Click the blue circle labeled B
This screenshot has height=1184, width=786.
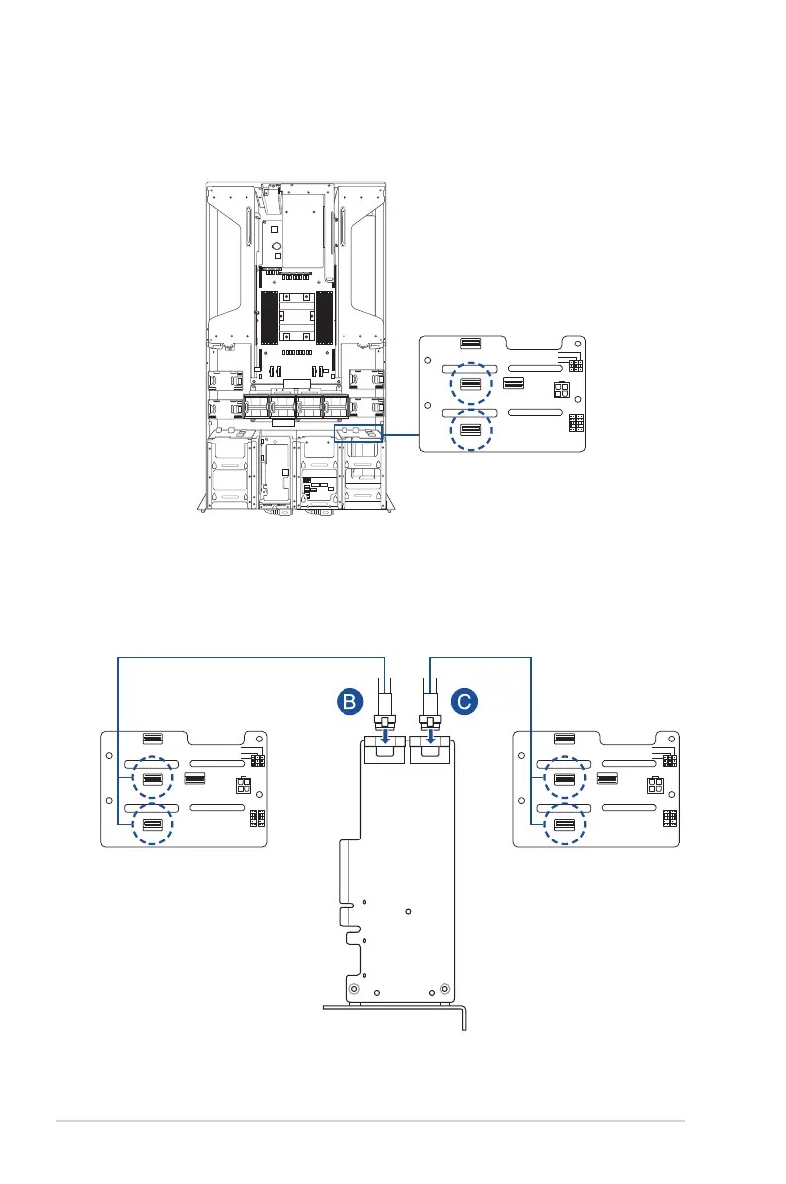coord(347,703)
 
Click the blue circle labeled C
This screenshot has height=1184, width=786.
coord(464,703)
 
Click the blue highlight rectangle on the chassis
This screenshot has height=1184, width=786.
coord(359,434)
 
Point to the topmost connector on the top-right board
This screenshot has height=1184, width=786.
coord(472,345)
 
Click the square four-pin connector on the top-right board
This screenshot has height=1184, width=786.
coord(560,389)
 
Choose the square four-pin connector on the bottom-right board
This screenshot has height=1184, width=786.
coord(652,788)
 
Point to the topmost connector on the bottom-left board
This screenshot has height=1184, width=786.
coord(151,738)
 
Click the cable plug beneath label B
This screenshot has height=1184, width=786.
coord(385,718)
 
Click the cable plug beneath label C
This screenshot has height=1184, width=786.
coord(430,718)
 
